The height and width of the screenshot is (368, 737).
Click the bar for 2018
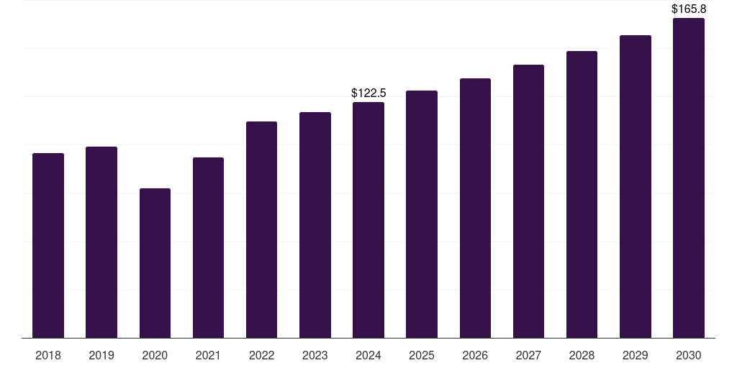pos(48,245)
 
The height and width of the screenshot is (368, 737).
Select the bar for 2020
pos(155,263)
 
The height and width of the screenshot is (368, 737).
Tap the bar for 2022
pos(261,229)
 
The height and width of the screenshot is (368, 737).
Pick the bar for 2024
pos(368,220)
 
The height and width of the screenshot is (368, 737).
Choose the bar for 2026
pos(475,208)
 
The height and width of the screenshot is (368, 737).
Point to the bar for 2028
pos(582,194)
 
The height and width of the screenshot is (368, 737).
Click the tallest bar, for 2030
pos(689,178)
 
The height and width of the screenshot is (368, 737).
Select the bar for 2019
pos(101,242)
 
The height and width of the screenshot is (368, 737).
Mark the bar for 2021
pos(208,247)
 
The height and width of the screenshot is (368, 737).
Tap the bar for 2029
pos(636,186)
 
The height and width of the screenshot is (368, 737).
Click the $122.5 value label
pos(368,93)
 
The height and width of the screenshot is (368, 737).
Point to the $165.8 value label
pos(689,9)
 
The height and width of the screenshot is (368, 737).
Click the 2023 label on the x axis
pos(315,355)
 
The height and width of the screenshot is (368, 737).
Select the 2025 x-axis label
pos(422,355)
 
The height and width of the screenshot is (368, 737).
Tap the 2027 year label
pos(528,355)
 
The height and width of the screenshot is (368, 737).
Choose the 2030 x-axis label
pos(689,355)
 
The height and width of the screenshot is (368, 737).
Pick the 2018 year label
pos(48,355)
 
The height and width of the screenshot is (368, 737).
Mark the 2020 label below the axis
pos(155,355)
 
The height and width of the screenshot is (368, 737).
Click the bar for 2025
pos(422,214)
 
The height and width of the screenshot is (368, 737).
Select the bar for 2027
pos(528,201)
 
